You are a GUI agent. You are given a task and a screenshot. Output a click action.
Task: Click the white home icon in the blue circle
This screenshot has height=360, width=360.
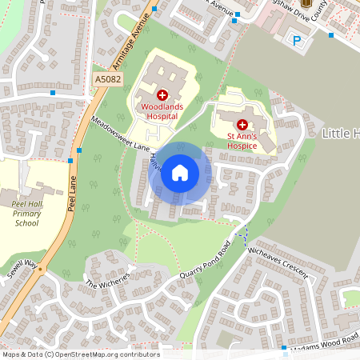click(x=180, y=173)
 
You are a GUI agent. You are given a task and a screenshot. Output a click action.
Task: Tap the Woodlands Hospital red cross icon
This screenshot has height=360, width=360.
click(x=162, y=94)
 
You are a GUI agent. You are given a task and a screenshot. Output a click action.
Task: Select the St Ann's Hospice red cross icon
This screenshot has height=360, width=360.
click(x=242, y=125)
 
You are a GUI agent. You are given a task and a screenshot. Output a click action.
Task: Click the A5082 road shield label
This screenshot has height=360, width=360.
click(x=107, y=79)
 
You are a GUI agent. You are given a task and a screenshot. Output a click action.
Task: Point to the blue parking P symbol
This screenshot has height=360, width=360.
click(x=298, y=40)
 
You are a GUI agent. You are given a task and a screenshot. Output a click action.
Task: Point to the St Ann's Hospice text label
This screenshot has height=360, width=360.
click(x=242, y=141)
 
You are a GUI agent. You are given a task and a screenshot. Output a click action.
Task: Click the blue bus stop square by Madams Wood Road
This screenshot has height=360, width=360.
click(x=284, y=347)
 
